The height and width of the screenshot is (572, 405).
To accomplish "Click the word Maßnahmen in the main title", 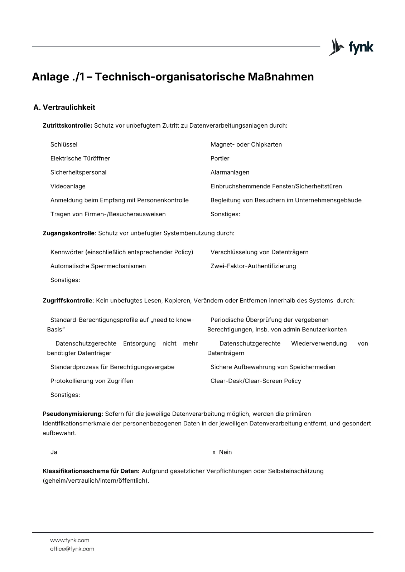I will (x=280, y=77).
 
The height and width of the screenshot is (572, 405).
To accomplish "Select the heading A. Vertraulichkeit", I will (x=64, y=107).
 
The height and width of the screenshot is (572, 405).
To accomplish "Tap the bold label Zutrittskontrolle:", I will (x=67, y=126).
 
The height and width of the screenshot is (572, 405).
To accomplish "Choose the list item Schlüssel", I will (x=64, y=144).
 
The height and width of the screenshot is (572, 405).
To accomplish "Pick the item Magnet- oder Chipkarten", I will (x=246, y=144).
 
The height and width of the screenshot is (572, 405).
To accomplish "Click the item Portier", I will (x=220, y=158).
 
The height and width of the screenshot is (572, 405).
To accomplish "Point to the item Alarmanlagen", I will (x=230, y=172).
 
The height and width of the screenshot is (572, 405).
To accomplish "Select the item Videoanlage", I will (x=68, y=186).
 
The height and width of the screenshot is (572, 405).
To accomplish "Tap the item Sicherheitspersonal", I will (x=78, y=172).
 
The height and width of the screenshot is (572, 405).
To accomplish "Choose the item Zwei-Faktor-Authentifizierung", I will (x=253, y=266).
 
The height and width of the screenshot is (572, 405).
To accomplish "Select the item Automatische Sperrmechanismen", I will (x=98, y=266).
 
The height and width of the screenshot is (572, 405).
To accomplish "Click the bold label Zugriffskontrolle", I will (x=67, y=301).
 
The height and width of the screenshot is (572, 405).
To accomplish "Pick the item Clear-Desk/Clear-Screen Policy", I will (x=256, y=381).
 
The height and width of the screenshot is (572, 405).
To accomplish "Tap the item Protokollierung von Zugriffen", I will (x=92, y=381).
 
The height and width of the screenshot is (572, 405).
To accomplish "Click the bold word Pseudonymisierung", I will (x=72, y=414).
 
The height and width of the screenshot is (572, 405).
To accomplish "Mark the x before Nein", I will (x=214, y=452).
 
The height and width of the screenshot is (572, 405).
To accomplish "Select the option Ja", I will (x=54, y=452).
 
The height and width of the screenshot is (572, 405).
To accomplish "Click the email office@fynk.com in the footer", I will (x=72, y=549).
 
